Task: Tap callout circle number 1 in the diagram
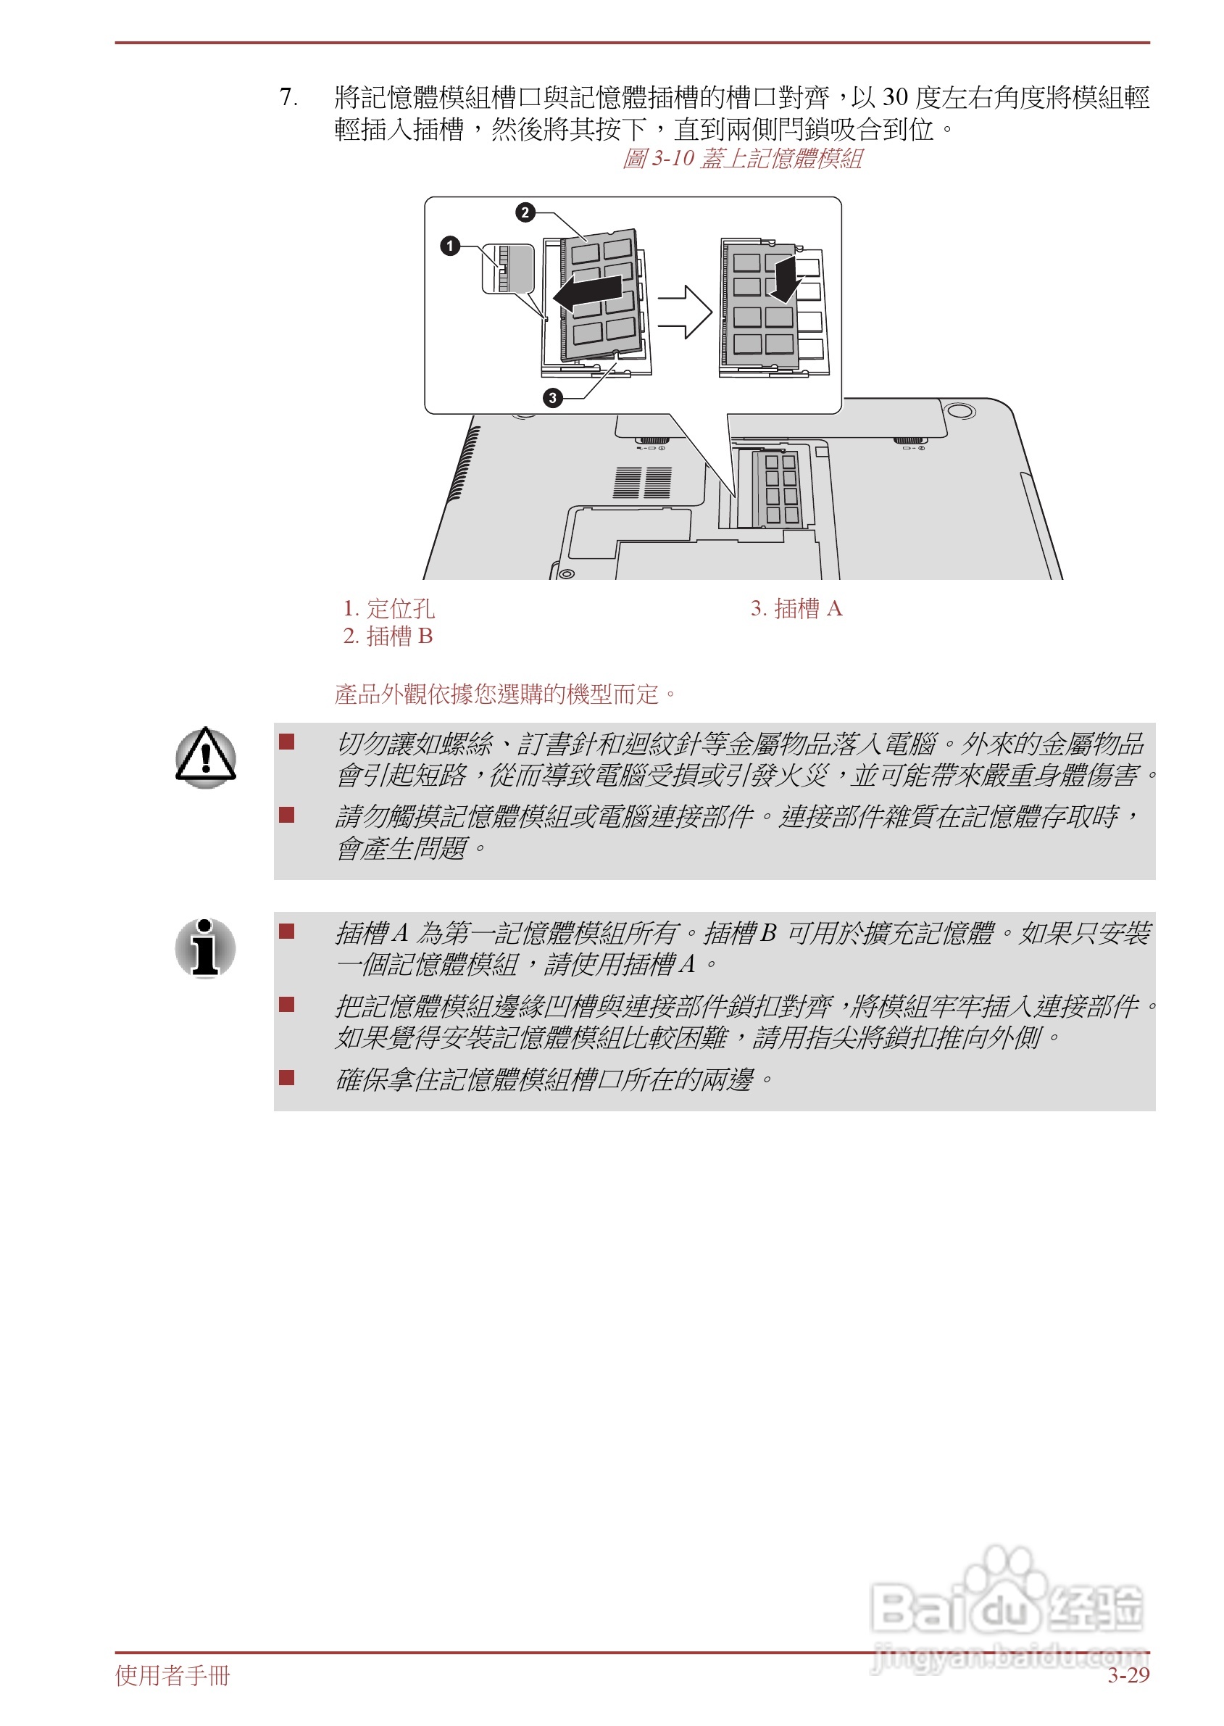click(450, 246)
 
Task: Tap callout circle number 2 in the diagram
click(525, 212)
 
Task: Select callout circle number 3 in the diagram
click(553, 398)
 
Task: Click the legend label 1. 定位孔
click(389, 608)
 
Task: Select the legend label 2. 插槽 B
click(388, 636)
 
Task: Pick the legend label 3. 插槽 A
click(796, 608)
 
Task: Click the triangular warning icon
click(206, 757)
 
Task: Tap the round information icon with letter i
click(205, 947)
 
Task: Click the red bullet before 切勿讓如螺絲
click(286, 742)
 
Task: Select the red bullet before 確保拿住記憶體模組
click(286, 1077)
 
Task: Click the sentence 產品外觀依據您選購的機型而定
click(506, 694)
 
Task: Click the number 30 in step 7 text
click(895, 97)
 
